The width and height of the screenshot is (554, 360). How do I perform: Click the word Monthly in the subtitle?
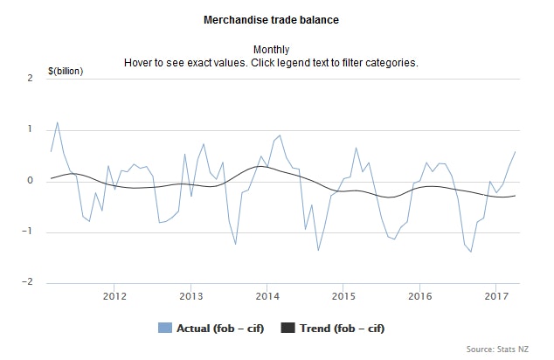point(271,50)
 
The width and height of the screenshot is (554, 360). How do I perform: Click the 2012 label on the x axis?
point(114,295)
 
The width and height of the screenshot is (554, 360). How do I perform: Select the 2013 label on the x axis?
point(191,295)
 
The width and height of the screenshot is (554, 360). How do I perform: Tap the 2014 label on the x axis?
point(267,295)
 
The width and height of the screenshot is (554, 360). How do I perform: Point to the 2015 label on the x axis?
point(343,295)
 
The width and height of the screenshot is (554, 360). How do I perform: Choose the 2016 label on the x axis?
point(419,295)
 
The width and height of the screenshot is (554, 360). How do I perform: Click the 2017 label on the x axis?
point(495,295)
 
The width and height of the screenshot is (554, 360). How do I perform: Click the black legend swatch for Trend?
point(287,329)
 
